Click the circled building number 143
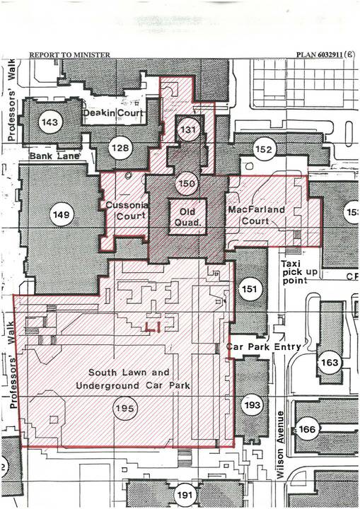[x=50, y=122]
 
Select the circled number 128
[x=120, y=147]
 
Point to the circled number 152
[x=263, y=150]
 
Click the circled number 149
[x=62, y=212]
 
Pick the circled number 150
[x=187, y=184]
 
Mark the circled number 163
[x=330, y=363]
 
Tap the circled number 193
[x=252, y=404]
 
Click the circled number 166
[x=307, y=429]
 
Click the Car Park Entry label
[x=265, y=347]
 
